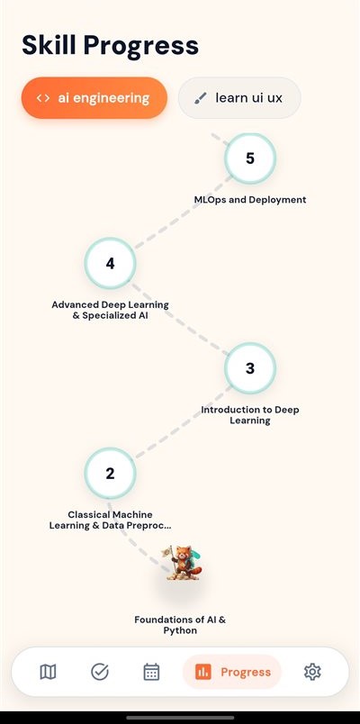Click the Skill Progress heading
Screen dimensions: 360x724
click(x=111, y=46)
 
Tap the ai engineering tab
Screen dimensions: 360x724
click(x=94, y=98)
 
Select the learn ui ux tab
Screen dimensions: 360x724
click(x=239, y=98)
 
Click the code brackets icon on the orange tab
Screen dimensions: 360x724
click(x=43, y=98)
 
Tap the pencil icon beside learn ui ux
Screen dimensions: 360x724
click(x=200, y=98)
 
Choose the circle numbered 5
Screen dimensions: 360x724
click(x=250, y=158)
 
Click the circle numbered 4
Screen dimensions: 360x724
click(x=110, y=263)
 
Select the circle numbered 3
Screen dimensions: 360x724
click(x=250, y=368)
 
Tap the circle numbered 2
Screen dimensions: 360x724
click(x=110, y=474)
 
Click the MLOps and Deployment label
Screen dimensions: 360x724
click(x=250, y=200)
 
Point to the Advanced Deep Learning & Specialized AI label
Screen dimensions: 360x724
click(x=111, y=311)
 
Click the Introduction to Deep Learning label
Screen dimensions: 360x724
click(x=250, y=415)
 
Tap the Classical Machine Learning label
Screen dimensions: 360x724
click(x=111, y=520)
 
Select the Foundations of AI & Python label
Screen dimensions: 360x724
click(x=180, y=625)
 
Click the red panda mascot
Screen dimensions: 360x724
click(x=182, y=563)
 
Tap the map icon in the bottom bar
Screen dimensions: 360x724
click(x=48, y=672)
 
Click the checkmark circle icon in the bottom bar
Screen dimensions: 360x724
click(x=100, y=672)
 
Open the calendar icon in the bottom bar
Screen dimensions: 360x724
click(x=151, y=672)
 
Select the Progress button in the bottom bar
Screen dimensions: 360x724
click(x=232, y=672)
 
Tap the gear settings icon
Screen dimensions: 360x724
click(x=312, y=672)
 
